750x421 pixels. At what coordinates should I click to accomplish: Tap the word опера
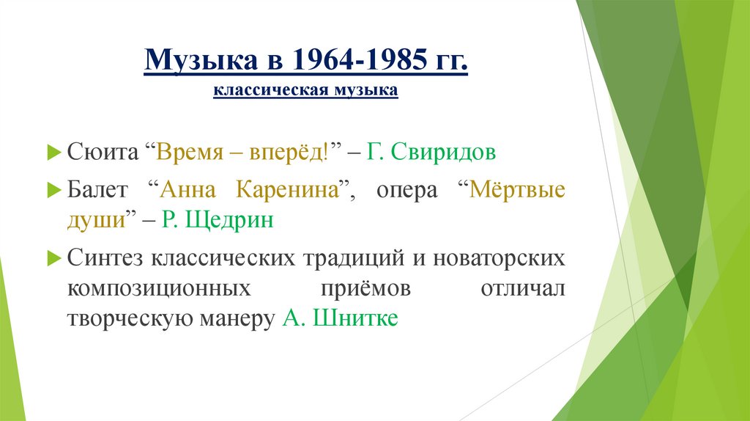[x=406, y=189]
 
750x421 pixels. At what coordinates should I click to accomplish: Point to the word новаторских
[x=499, y=258]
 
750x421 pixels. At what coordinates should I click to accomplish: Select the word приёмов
[x=364, y=288]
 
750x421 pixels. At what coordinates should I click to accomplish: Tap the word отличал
[x=522, y=288]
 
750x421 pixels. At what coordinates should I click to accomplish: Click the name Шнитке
[x=355, y=319]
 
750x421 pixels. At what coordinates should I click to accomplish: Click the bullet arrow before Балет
[x=54, y=189]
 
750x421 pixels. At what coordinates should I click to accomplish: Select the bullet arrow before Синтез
[x=54, y=258]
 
